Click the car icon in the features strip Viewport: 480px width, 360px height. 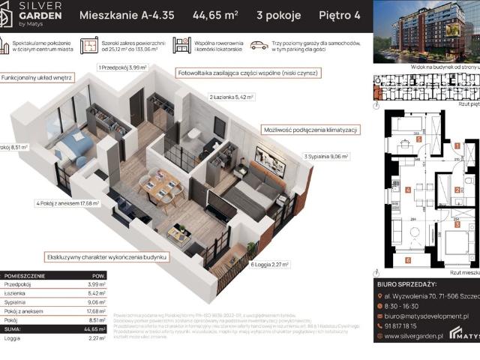coord(259,46)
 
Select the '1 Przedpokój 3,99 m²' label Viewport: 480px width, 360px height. coord(124,67)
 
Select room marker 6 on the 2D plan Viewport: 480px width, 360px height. coord(407,259)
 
